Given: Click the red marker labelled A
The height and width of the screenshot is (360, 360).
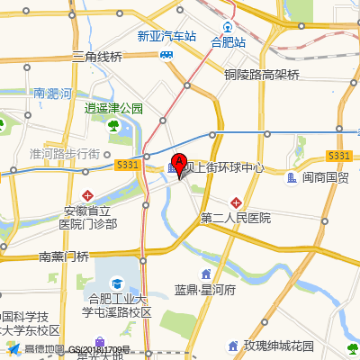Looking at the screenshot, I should [x=178, y=165].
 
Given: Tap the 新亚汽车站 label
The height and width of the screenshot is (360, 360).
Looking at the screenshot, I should [x=166, y=37].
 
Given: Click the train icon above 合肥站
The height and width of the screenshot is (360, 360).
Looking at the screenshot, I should [x=228, y=27].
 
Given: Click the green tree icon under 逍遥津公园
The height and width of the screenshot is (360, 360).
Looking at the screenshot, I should [x=114, y=124].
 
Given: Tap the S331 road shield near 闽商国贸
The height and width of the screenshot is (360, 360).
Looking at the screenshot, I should [x=338, y=156].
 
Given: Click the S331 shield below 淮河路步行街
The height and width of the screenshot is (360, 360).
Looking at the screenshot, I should [x=126, y=165].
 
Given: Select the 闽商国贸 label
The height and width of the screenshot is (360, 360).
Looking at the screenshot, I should [x=325, y=178].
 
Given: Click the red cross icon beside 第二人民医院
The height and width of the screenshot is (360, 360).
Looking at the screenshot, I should [x=236, y=202].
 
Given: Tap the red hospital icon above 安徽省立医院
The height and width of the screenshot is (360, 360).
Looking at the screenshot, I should [x=87, y=194].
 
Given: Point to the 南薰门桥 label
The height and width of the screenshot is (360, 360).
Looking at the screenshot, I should [x=64, y=256].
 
